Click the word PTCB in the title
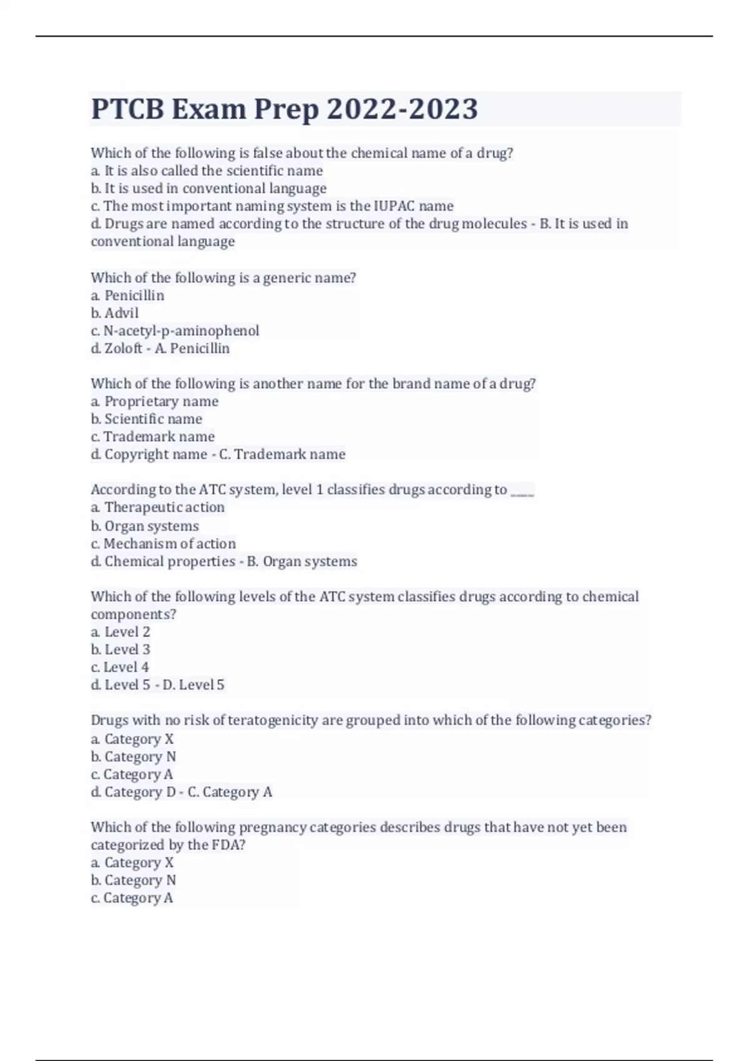click(x=127, y=109)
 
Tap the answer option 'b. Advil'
click(x=115, y=313)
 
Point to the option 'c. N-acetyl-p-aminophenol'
click(x=175, y=331)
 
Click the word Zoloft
click(x=124, y=348)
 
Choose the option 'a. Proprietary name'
click(x=155, y=401)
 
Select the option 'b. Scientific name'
click(x=147, y=419)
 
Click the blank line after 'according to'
click(x=522, y=491)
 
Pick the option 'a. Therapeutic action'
click(x=158, y=507)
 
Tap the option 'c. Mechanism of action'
click(x=164, y=544)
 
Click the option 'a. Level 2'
click(x=120, y=632)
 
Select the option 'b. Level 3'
click(x=120, y=650)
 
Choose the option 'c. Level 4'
click(x=120, y=667)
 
